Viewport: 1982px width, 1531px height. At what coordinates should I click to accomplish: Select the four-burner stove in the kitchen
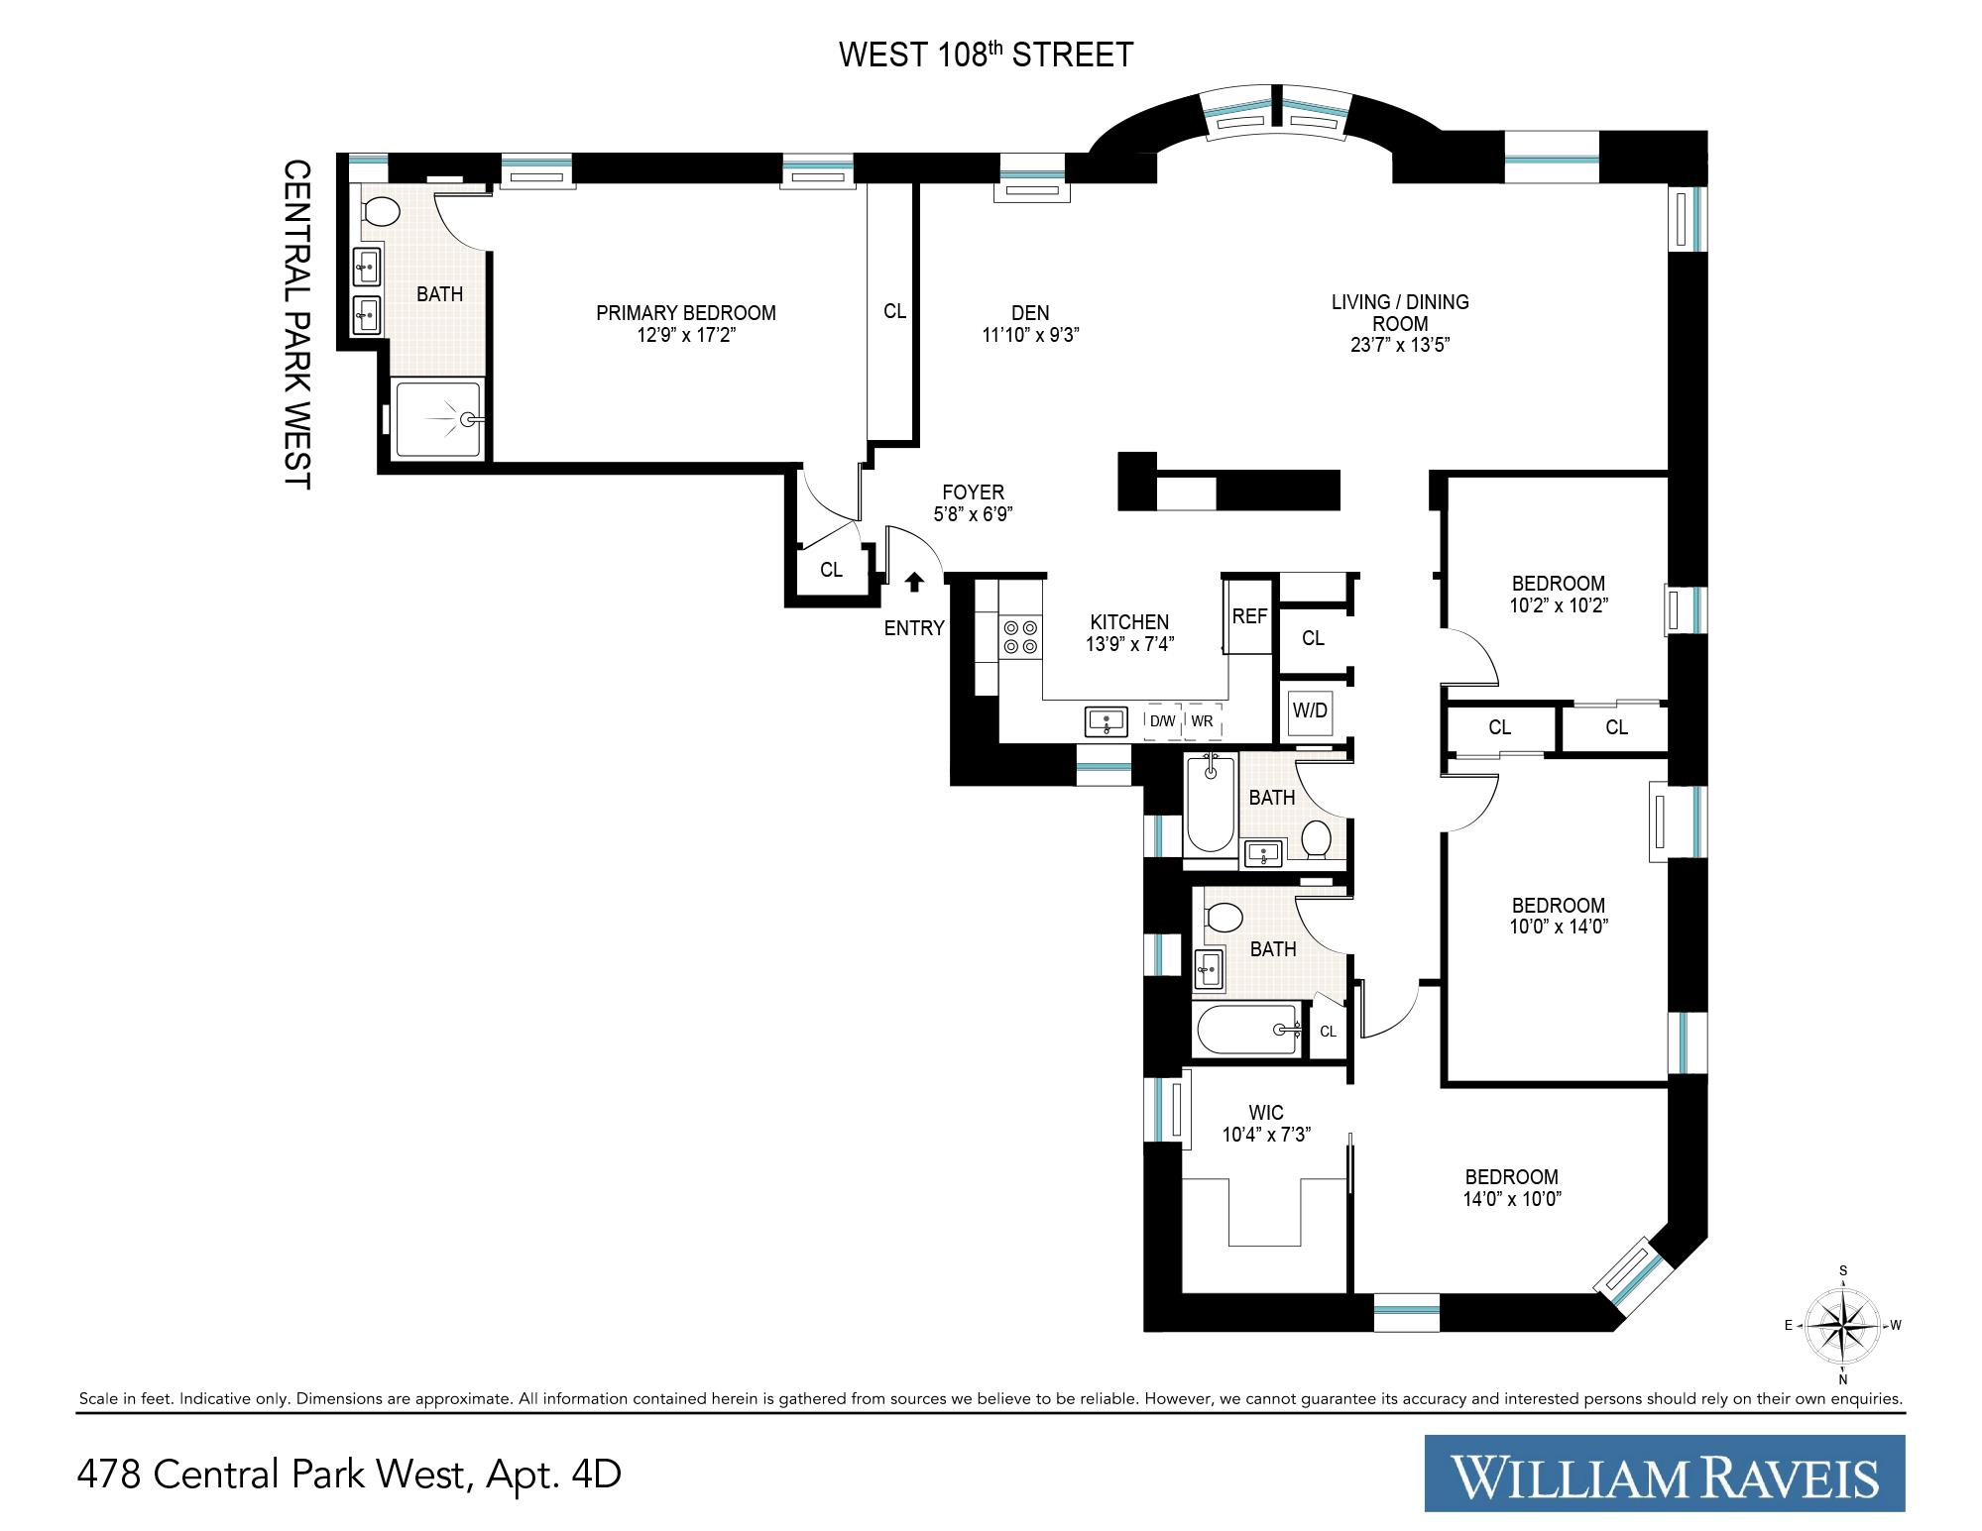click(x=1021, y=636)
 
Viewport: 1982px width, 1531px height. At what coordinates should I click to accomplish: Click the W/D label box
click(x=1310, y=711)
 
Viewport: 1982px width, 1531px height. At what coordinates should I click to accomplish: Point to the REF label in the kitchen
click(x=1249, y=616)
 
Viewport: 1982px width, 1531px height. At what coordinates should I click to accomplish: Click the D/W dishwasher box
click(x=1162, y=721)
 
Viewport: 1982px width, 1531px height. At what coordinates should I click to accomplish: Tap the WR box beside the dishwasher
click(x=1202, y=721)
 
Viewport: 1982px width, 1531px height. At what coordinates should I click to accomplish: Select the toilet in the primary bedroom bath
click(x=381, y=211)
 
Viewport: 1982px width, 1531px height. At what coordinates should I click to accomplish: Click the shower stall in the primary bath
click(x=440, y=419)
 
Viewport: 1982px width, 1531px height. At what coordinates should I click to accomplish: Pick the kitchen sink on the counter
click(x=1107, y=721)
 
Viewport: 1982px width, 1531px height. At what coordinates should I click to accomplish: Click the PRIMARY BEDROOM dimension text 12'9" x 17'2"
click(x=686, y=336)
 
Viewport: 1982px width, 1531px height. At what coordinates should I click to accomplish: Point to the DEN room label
click(x=1030, y=313)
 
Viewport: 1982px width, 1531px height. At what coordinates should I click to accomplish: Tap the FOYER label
click(x=973, y=492)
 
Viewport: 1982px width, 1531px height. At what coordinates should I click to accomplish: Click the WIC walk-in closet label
click(x=1266, y=1114)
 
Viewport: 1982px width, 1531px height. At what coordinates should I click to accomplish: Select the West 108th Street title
click(x=986, y=55)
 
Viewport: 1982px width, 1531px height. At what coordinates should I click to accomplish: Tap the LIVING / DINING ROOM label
click(x=1400, y=312)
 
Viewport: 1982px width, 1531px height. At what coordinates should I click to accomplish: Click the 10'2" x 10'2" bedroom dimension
click(x=1558, y=605)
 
